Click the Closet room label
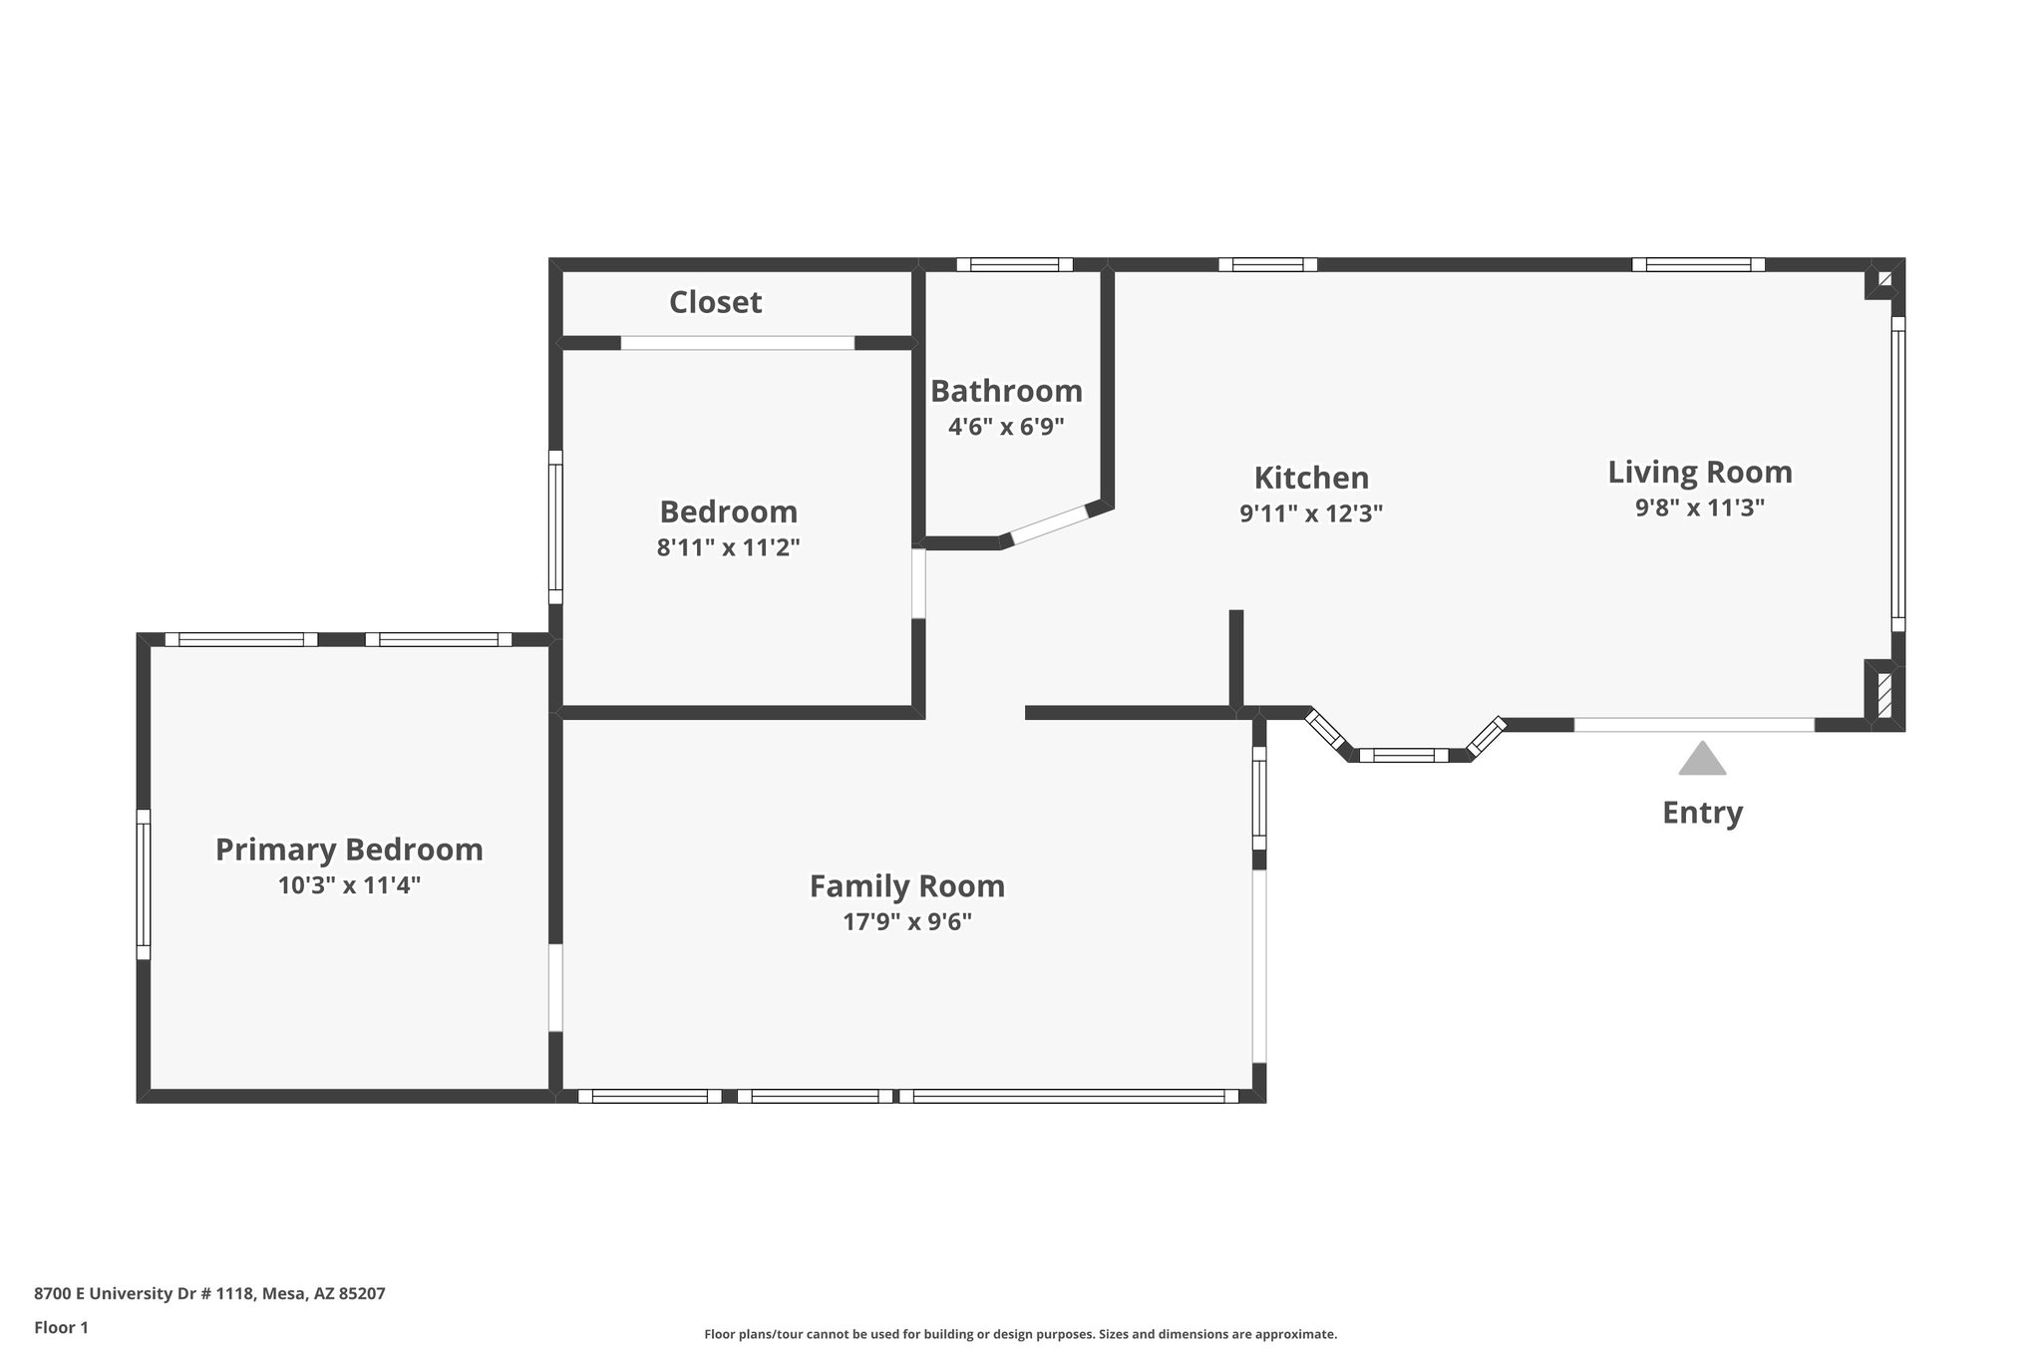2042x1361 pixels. [715, 302]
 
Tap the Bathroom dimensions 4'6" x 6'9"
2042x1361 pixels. [1006, 427]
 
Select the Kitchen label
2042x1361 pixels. [1311, 478]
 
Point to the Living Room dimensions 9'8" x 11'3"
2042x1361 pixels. [1700, 508]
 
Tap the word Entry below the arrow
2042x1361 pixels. [1702, 813]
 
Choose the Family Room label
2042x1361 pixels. [907, 885]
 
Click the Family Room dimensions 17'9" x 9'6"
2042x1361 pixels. [907, 921]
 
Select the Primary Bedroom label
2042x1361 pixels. [349, 850]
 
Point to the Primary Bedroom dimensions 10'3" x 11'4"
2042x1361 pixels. [349, 885]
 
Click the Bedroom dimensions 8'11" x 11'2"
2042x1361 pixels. [728, 547]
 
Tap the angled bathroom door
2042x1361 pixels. [1049, 524]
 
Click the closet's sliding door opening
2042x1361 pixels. [738, 343]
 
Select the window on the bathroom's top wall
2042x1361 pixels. [1015, 264]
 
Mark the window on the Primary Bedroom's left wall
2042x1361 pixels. [144, 884]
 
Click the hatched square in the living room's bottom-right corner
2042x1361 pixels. [1884, 696]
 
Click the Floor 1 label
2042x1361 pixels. [62, 1327]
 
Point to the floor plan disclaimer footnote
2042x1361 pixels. [1021, 1334]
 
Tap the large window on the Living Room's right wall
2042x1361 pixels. [1898, 475]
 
